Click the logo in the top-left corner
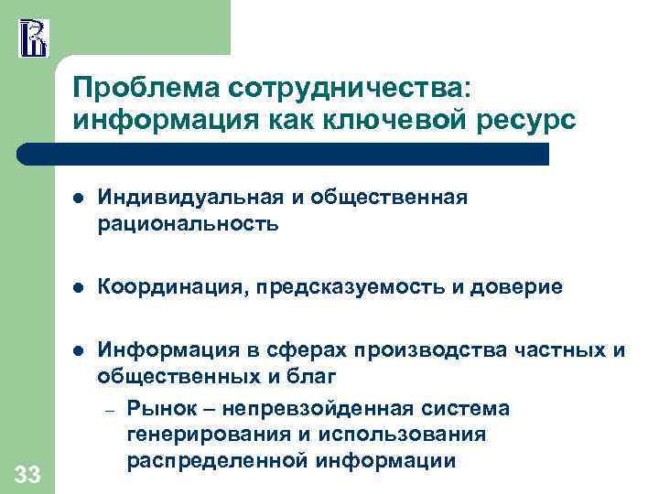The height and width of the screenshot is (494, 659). click(32, 37)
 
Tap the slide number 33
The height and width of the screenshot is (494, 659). click(27, 474)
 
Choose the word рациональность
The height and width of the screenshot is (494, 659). click(188, 222)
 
